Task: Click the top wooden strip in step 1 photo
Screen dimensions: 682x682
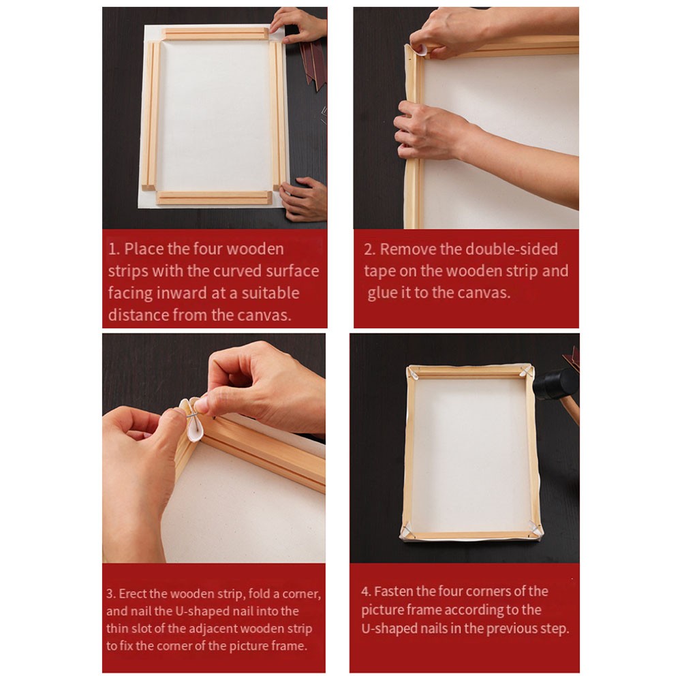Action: (x=215, y=33)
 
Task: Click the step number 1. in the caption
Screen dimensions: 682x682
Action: (x=114, y=249)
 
